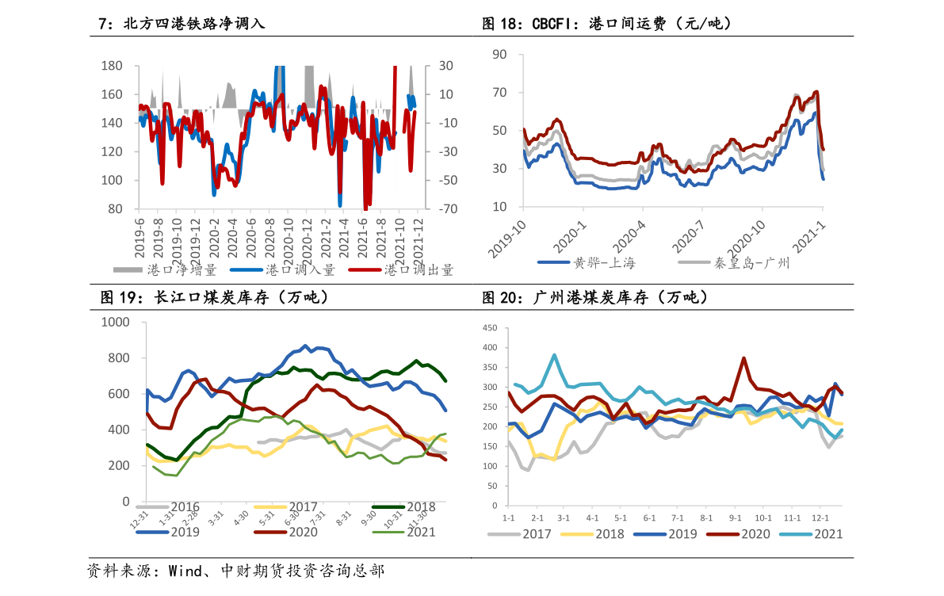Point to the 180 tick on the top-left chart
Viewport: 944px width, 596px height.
pyautogui.click(x=112, y=66)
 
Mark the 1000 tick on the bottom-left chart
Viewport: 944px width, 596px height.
pyautogui.click(x=116, y=323)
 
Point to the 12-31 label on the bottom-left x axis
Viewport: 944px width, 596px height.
pyautogui.click(x=139, y=521)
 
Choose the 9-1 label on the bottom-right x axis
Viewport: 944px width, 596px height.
pyautogui.click(x=735, y=518)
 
